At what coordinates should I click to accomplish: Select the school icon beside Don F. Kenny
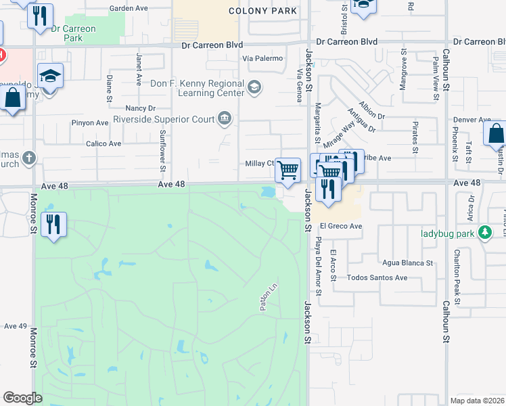[254, 87]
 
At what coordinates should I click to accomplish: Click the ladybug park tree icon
[484, 233]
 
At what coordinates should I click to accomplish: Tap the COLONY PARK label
[262, 12]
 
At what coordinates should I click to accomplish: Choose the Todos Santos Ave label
[377, 277]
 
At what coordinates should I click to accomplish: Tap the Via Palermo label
[263, 59]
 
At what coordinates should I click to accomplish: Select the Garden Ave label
[129, 9]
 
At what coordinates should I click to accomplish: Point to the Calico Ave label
[103, 143]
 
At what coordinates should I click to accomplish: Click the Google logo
[23, 398]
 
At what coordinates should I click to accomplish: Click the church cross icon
[28, 158]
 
